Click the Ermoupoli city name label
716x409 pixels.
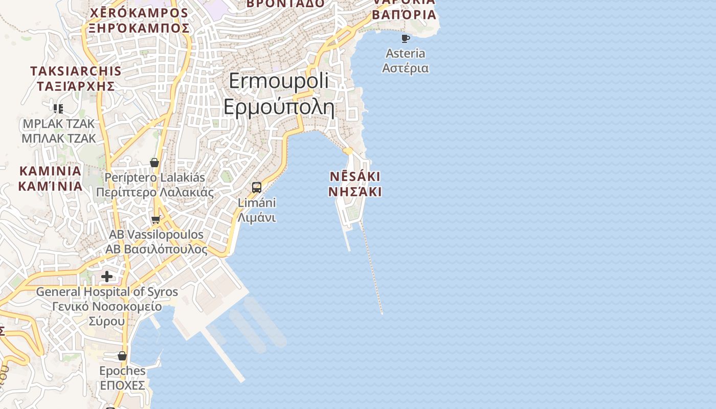point(279,95)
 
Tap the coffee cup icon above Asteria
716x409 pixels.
point(406,38)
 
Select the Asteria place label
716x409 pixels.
point(406,60)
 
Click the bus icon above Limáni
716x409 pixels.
point(257,187)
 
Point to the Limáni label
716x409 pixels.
point(257,210)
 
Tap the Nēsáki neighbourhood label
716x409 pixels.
point(355,184)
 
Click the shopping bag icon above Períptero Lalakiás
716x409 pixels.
point(154,163)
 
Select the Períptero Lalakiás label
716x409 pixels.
point(154,185)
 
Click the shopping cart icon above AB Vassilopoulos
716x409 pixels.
point(155,220)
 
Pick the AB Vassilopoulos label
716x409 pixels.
point(156,242)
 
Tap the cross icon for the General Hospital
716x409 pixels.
point(107,277)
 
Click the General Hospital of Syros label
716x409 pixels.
point(107,306)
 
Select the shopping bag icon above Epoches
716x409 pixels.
point(122,355)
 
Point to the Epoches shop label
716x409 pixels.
point(122,378)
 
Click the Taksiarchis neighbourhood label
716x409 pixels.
point(76,78)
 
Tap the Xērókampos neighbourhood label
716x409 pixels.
point(139,20)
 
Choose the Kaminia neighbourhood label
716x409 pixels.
point(50,178)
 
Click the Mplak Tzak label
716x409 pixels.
point(59,131)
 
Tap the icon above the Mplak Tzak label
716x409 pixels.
point(58,108)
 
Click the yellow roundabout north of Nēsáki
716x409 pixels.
point(348,151)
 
